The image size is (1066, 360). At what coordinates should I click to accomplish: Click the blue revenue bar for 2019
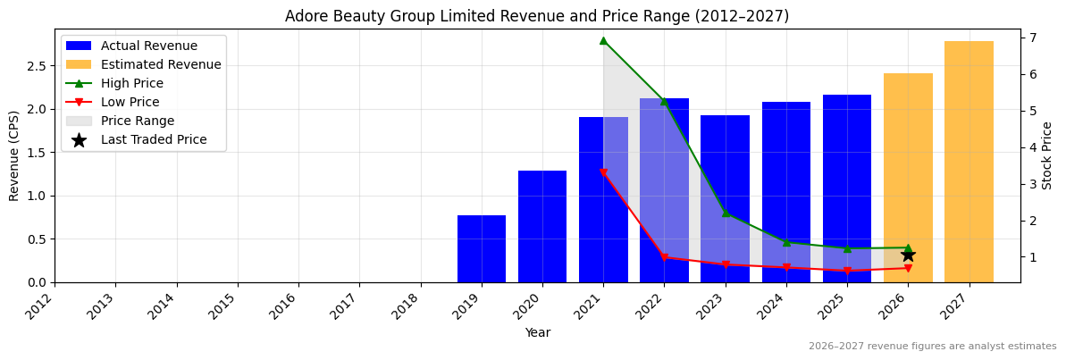tap(482, 249)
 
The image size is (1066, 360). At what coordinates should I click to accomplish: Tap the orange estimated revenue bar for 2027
tap(969, 162)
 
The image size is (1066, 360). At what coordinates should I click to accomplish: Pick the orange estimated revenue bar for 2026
tap(908, 178)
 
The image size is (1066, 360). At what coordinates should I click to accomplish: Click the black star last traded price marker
tap(908, 255)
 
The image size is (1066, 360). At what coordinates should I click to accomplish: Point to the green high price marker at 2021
tap(603, 40)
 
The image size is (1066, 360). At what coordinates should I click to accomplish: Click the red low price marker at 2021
tap(603, 172)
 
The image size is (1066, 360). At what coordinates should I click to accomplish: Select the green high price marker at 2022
tap(664, 101)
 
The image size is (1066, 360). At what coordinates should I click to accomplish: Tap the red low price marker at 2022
tap(664, 257)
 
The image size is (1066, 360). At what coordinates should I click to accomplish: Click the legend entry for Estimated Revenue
tap(161, 64)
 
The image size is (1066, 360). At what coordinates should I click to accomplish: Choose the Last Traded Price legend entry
tap(154, 139)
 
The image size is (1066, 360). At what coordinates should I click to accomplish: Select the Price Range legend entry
tap(138, 121)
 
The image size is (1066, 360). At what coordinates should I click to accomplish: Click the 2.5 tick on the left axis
tap(37, 66)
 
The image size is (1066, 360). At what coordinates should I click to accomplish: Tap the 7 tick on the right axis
tap(1032, 38)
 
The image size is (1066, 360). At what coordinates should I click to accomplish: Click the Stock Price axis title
tap(1047, 155)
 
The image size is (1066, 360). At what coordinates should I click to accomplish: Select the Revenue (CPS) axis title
tap(14, 155)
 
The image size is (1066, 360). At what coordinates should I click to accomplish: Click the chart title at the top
tap(537, 16)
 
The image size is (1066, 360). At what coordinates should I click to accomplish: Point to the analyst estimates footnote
tap(932, 347)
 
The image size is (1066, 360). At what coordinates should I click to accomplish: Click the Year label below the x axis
tap(537, 332)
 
